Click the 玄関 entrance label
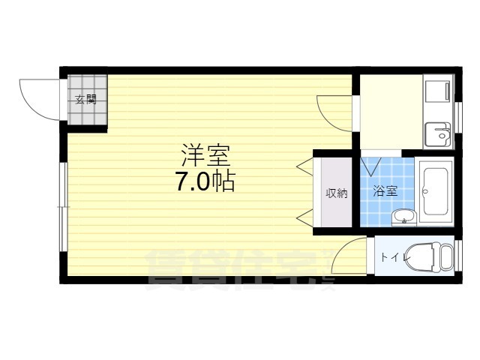86,100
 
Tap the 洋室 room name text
205,155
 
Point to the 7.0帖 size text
205,181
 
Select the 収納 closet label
337,193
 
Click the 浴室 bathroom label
385,191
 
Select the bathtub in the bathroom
436,192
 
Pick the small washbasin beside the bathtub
403,217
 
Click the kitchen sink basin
438,134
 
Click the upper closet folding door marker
305,166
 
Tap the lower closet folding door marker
305,218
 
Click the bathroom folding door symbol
371,166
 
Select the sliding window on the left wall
63,207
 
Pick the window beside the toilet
458,255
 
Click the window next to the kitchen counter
458,118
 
